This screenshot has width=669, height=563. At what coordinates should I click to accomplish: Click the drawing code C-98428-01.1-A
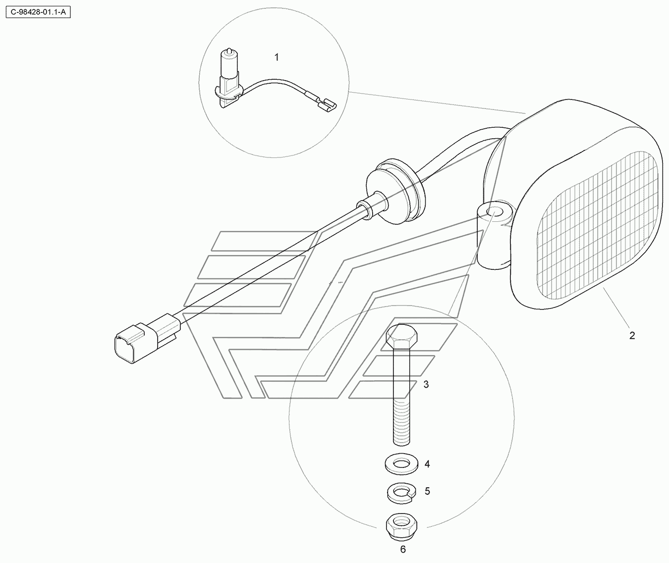(x=38, y=12)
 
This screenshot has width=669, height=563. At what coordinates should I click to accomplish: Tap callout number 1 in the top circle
(x=277, y=57)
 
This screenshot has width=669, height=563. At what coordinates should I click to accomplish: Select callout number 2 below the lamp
(x=632, y=336)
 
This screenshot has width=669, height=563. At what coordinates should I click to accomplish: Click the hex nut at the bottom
(x=401, y=527)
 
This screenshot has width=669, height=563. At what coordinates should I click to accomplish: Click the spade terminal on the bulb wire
(x=326, y=104)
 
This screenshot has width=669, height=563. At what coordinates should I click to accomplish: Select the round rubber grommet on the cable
(x=395, y=190)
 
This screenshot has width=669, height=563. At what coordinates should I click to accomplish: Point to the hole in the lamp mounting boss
(x=495, y=212)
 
